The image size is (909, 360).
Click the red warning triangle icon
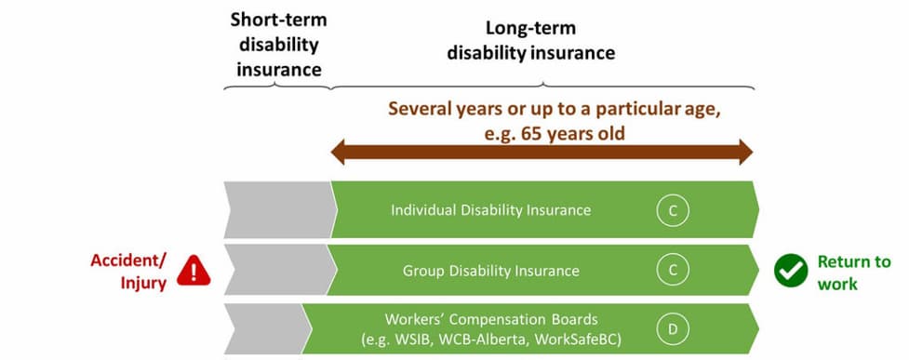(194, 271)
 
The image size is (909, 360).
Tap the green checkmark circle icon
(791, 270)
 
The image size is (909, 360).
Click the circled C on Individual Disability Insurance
(673, 210)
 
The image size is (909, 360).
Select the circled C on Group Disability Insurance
(673, 270)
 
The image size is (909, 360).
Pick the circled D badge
(673, 329)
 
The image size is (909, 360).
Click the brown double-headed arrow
(541, 152)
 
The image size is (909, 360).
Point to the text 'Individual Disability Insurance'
(491, 210)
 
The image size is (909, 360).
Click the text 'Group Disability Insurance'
(491, 270)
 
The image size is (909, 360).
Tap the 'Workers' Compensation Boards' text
(491, 319)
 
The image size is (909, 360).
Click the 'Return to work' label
(853, 273)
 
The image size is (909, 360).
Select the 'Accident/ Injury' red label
(128, 272)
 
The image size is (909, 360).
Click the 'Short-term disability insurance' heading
(279, 45)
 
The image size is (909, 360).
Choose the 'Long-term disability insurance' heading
(530, 41)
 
